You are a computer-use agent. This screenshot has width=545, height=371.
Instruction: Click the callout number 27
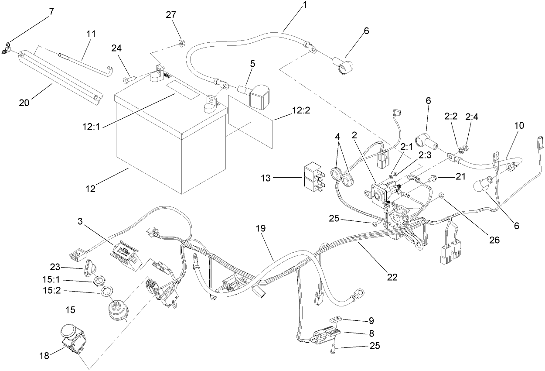coord(171,15)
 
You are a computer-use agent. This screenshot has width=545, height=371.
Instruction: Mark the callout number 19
coord(261,228)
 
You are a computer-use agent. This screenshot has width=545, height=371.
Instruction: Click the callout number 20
coord(25,103)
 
